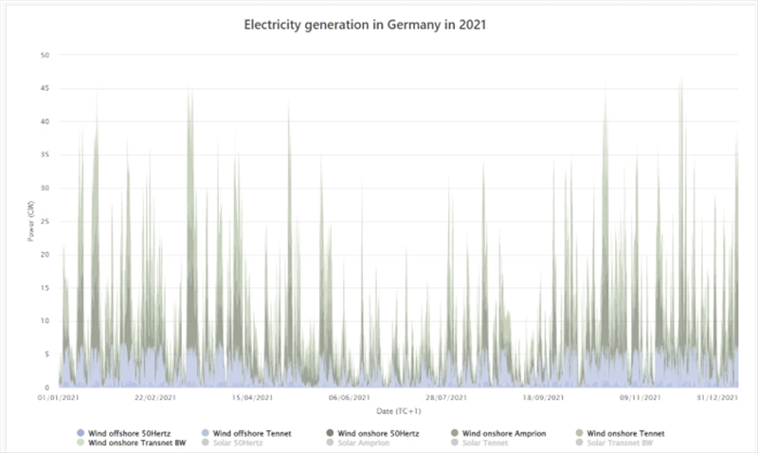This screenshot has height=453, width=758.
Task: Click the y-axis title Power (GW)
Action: pos(31,221)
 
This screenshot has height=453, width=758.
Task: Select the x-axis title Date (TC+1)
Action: pos(399,411)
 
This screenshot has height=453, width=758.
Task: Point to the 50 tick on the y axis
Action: pos(44,55)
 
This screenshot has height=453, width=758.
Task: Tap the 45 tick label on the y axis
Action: pos(44,88)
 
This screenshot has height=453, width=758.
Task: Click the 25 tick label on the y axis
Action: pos(44,221)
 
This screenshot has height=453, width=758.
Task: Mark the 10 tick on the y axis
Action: pos(44,321)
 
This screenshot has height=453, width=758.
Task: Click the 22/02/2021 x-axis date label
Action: pos(155,399)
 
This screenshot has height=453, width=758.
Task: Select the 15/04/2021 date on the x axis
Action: pos(253,399)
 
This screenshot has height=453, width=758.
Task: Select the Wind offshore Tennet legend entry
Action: pos(251,433)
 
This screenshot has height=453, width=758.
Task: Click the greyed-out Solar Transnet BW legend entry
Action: pos(619,443)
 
